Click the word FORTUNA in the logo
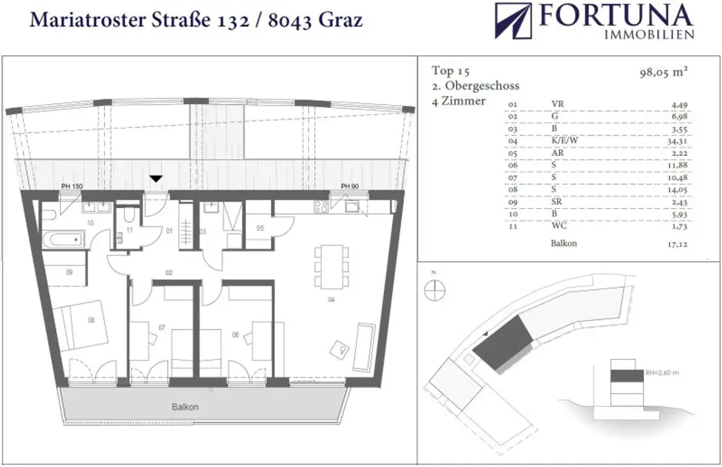(616, 16)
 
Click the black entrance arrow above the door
(156, 179)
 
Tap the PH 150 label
(72, 186)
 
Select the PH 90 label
(349, 186)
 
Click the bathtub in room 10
(63, 240)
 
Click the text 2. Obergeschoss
(475, 86)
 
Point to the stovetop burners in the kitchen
(321, 207)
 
